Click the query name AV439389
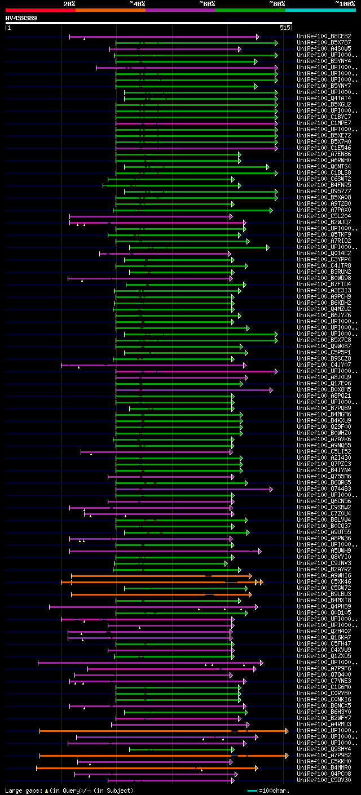coord(21,18)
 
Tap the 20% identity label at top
coord(69,3)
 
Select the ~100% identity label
coord(345,3)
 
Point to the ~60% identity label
coord(207,3)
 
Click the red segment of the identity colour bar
coord(40,10)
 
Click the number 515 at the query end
coord(285,28)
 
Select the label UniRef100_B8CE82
coord(324,36)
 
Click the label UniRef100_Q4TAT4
coord(324,99)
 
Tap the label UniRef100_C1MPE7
coord(324,123)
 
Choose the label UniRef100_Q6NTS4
coord(324,167)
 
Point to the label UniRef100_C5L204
coord(324,216)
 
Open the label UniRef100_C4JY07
coord(324,365)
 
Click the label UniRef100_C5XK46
coord(324,582)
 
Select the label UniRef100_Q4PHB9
coord(324,607)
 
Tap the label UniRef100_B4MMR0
coord(324,768)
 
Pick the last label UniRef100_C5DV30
coord(324,780)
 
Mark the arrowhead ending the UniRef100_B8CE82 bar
coord(258,37)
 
